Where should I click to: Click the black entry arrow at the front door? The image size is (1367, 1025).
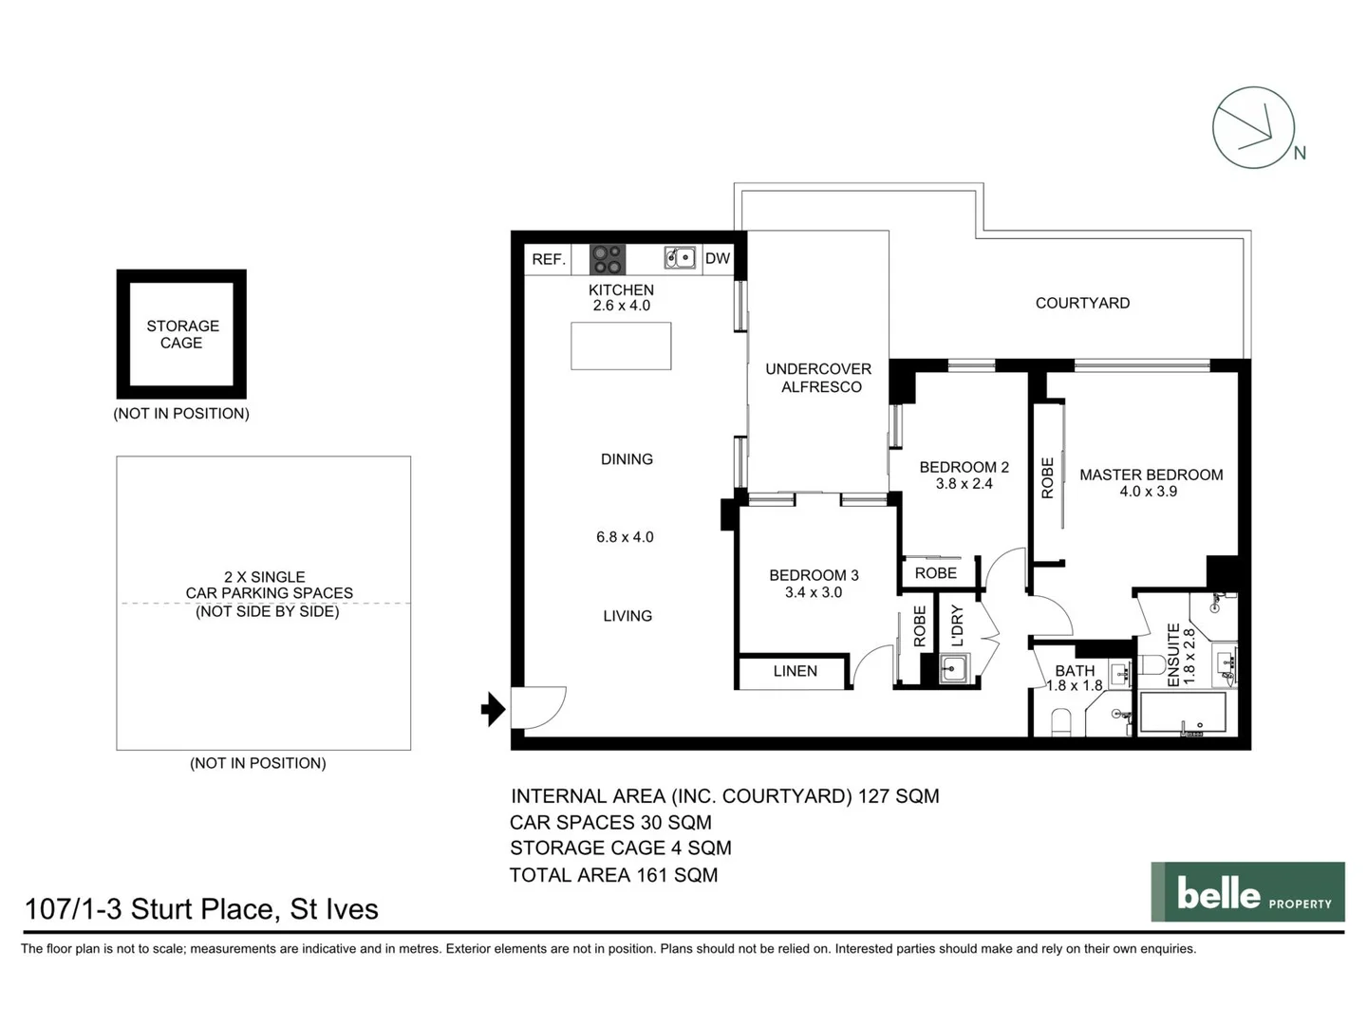click(493, 709)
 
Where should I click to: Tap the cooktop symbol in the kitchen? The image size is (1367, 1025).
click(607, 259)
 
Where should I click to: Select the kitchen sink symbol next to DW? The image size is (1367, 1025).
click(680, 257)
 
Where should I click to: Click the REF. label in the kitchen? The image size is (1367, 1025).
click(549, 259)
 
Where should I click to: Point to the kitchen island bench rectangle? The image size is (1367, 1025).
click(621, 345)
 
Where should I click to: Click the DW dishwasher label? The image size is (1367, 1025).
click(718, 258)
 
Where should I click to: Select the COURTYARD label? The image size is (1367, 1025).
click(1082, 303)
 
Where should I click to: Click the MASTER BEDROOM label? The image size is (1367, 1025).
click(1151, 475)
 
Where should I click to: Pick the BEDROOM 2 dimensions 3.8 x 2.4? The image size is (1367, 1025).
click(964, 484)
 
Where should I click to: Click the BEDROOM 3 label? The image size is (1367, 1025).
click(814, 575)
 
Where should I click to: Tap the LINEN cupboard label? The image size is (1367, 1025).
click(795, 671)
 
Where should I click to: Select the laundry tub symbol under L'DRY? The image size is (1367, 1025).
click(953, 668)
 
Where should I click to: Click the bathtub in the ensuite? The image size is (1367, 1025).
click(1182, 713)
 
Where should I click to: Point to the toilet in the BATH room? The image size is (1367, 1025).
click(1060, 723)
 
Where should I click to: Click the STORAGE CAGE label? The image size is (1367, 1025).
click(182, 334)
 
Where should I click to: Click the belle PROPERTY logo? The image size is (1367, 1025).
click(1247, 892)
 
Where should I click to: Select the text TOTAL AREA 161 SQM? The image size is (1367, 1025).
click(613, 875)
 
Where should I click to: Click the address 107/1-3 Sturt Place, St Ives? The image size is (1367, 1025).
click(201, 909)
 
